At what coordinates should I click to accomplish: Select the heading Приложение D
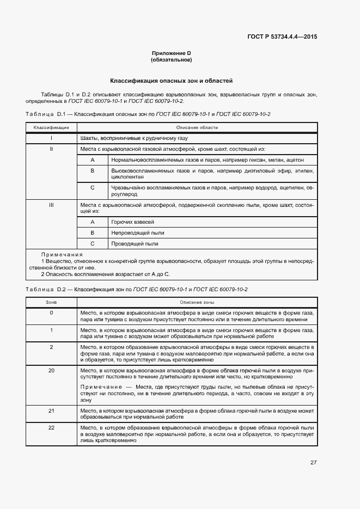point(172,53)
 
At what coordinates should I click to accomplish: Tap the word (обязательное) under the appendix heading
point(172,60)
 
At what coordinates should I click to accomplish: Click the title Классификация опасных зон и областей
point(172,81)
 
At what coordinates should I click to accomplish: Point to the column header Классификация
point(51,127)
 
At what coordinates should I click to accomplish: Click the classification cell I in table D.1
point(51,138)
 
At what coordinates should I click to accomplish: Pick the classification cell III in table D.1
point(51,205)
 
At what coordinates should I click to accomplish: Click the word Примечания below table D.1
point(62,254)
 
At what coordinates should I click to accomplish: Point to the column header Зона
point(51,302)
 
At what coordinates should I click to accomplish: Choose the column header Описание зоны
point(197,302)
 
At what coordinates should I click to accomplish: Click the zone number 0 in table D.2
point(51,312)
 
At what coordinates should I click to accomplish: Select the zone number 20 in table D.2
point(51,370)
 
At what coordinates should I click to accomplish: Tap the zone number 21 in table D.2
point(51,410)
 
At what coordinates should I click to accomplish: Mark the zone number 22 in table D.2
point(51,428)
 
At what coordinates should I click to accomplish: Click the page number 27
point(313,463)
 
